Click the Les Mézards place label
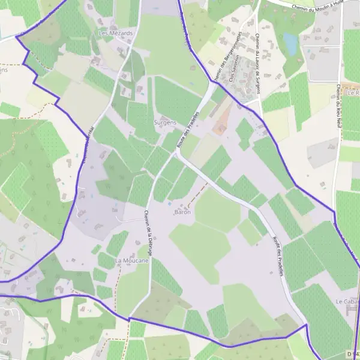(116, 34)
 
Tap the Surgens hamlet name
(165, 122)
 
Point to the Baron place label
(182, 212)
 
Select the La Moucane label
(131, 260)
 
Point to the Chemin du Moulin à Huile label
(317, 7)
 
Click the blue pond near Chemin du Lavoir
(291, 43)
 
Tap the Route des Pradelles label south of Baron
(277, 254)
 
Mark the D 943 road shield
(352, 353)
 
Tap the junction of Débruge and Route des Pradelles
(176, 152)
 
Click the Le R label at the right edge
(352, 93)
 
